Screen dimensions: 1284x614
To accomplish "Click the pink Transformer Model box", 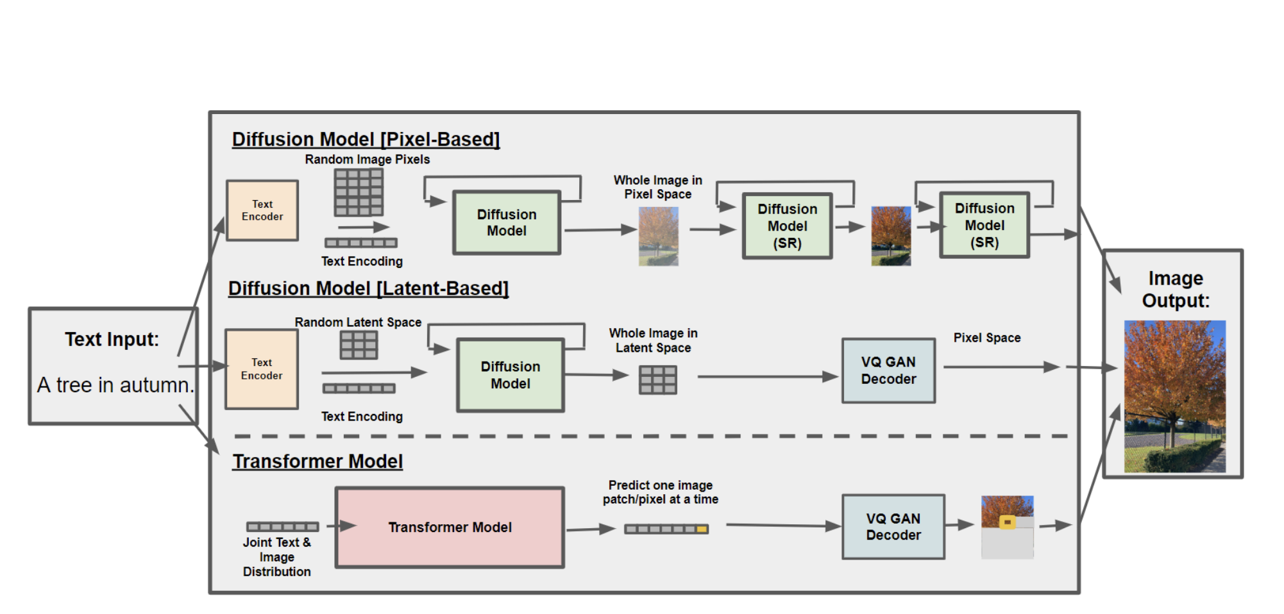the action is point(450,527).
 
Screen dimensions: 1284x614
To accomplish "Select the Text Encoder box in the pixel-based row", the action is point(262,210).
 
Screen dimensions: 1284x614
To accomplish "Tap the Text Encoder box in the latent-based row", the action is point(262,369).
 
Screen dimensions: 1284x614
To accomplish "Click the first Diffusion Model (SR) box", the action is point(787,226).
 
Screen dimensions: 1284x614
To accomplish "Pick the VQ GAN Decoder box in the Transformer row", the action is point(893,527).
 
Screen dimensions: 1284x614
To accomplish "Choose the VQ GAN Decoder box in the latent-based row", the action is point(888,370).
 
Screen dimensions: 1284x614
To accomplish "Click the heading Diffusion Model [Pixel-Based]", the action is point(366,139).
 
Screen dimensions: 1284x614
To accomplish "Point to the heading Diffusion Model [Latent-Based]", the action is point(368,288).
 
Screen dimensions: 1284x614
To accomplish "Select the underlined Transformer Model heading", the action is point(317,461).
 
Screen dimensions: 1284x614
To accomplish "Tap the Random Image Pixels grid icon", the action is point(359,192).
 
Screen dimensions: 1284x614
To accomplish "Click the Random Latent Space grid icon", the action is point(359,345).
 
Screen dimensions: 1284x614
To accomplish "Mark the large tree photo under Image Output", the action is point(1175,397).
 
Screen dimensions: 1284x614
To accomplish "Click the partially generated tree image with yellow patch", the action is point(1008,527).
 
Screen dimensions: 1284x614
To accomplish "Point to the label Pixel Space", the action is point(987,338).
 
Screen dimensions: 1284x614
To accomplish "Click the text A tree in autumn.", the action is point(115,385).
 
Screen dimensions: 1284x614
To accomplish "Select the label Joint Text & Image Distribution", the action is point(277,557).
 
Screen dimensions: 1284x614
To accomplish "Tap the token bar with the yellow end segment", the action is point(666,529).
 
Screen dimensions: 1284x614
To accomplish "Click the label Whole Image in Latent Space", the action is point(654,340).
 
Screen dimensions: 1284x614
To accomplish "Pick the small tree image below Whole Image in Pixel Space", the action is point(659,236).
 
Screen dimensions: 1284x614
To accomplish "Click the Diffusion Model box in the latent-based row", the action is point(511,375).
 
